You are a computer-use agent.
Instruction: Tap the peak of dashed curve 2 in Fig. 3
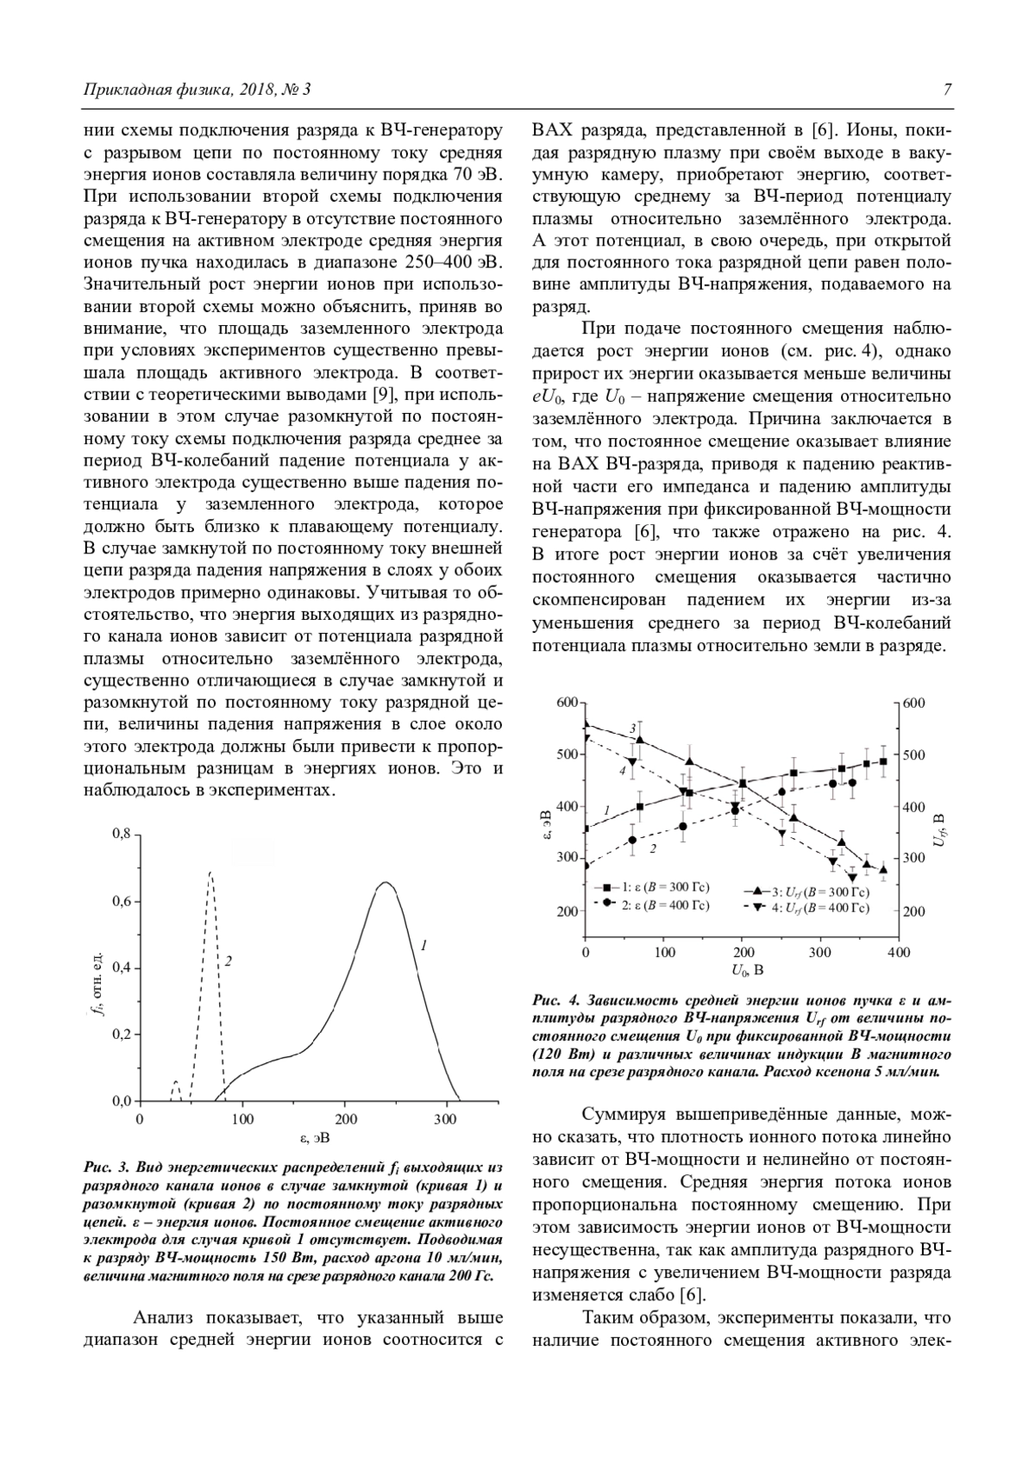pyautogui.click(x=210, y=873)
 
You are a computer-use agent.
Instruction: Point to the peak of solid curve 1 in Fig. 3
pyautogui.click(x=385, y=883)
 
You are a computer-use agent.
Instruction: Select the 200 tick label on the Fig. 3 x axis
pyautogui.click(x=345, y=1119)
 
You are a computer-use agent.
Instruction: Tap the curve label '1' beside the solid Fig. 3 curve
pyautogui.click(x=423, y=946)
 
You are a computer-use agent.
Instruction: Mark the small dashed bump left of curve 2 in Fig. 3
pyautogui.click(x=176, y=1082)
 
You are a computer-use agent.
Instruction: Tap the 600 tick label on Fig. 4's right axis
pyautogui.click(x=913, y=703)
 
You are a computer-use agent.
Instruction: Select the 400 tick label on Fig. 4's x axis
pyautogui.click(x=898, y=952)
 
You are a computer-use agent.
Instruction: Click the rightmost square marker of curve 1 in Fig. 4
pyautogui.click(x=883, y=761)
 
